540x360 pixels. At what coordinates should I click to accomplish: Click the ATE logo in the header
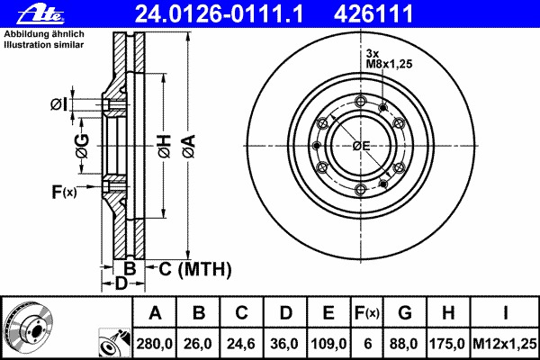pos(40,13)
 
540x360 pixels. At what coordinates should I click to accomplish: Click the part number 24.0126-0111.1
pos(219,13)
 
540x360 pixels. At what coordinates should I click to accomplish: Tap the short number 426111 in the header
pos(373,13)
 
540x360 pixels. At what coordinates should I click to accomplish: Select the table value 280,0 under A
pos(154,344)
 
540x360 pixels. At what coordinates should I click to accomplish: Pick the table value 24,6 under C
pos(241,344)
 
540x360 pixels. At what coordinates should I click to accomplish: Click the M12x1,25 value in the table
pos(505,344)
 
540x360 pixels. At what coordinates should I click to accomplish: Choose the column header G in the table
pos(405,313)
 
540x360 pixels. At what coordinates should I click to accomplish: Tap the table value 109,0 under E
pos(328,344)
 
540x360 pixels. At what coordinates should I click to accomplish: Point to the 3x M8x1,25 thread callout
pos(389,58)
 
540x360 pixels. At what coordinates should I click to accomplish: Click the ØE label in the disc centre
pos(361,146)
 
